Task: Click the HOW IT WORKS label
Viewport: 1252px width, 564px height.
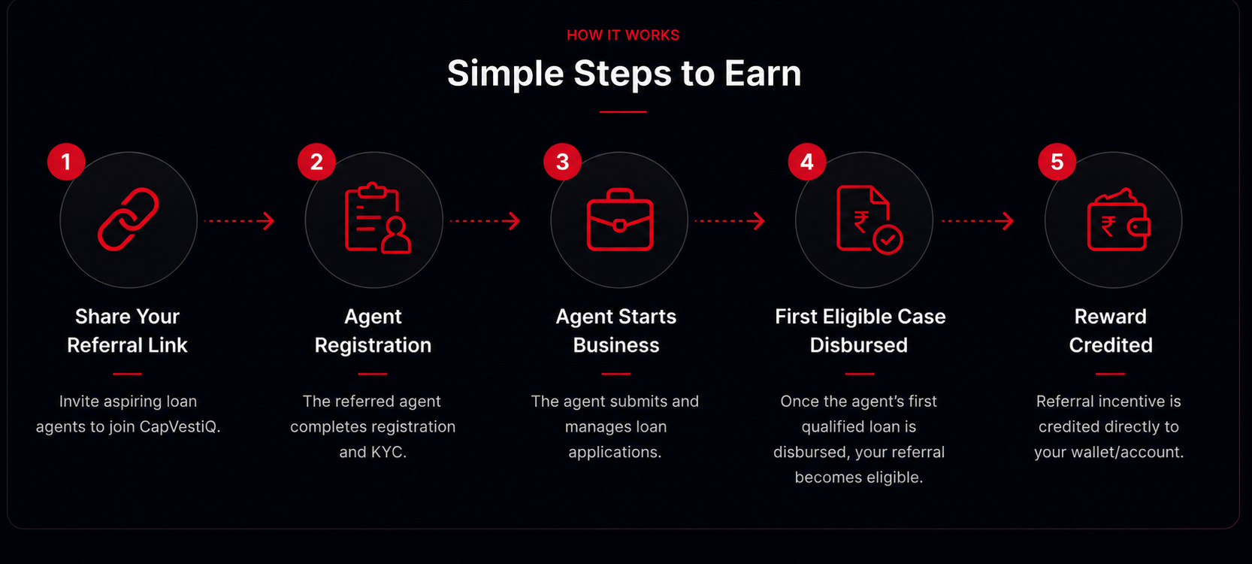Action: coord(623,35)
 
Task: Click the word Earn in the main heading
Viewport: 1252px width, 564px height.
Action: coord(763,73)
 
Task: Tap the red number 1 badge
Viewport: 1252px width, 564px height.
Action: coord(67,162)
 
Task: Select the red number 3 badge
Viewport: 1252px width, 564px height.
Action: coord(562,162)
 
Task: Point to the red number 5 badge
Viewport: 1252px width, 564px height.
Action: coord(1057,162)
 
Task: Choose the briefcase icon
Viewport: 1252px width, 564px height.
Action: coord(620,220)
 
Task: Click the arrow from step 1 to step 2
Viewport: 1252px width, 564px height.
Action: coord(239,221)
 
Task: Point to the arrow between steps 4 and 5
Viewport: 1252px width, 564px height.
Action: coord(978,221)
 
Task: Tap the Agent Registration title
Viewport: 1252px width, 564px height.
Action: coord(373,331)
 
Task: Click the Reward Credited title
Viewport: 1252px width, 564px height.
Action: coord(1111,331)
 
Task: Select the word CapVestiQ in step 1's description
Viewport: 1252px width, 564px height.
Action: coord(180,426)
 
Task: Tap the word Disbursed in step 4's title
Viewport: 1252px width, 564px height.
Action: coord(858,345)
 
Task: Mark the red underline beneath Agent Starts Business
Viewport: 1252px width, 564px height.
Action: coord(616,373)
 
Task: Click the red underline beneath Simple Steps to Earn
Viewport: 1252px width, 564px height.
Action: coord(623,112)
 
